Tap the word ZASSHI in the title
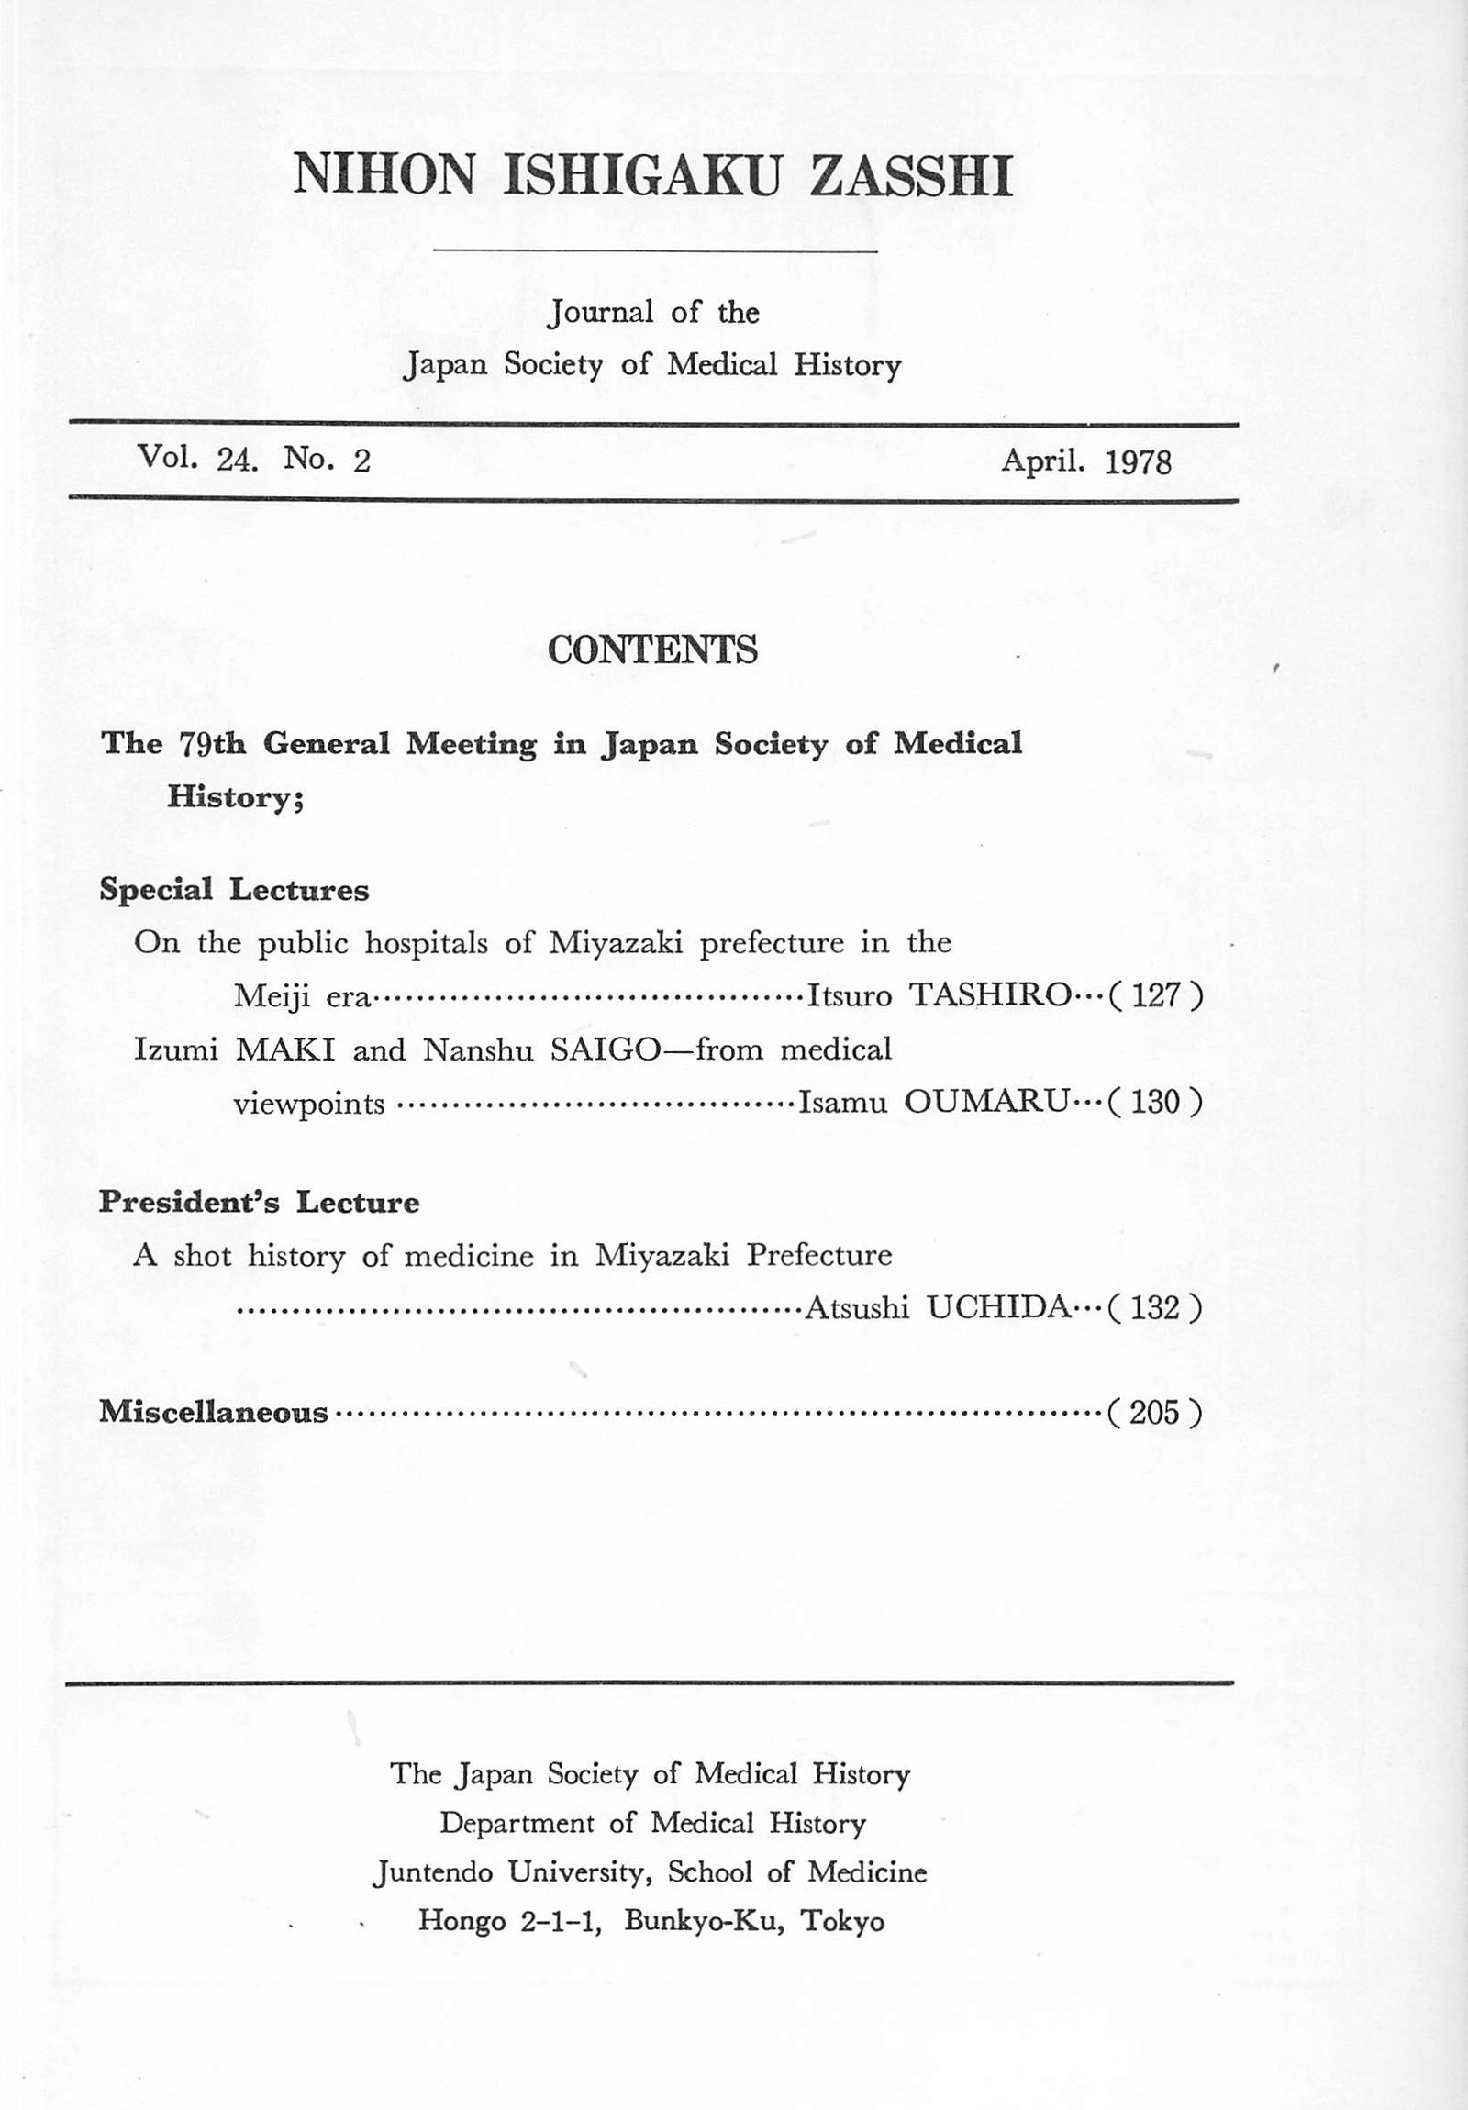click(x=909, y=174)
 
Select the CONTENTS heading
click(x=652, y=650)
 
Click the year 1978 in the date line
click(x=1137, y=461)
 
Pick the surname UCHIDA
click(x=998, y=1306)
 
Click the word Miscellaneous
click(x=213, y=1412)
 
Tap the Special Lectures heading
click(x=234, y=890)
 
